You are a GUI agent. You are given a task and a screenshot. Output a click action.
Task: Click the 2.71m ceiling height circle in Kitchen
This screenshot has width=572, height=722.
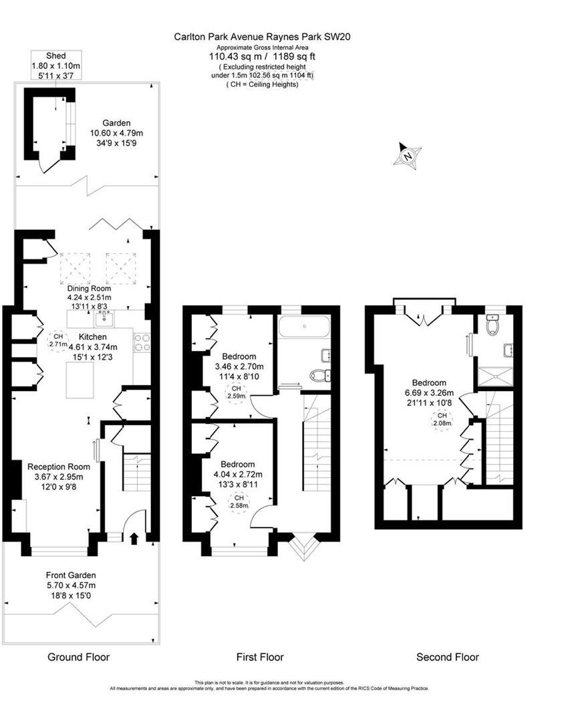coord(58,340)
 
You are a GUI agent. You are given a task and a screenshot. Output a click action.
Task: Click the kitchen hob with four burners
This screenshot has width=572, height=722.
coord(142,342)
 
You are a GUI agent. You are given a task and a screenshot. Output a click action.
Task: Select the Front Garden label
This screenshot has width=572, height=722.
coord(71,575)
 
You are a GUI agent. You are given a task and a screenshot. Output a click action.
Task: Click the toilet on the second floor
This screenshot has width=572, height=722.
coord(493,325)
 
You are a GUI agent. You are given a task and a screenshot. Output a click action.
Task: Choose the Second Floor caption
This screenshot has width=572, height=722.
coord(447,657)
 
